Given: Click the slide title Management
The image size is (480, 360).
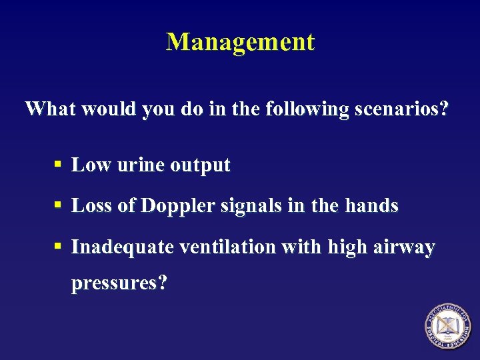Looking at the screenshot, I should (240, 42).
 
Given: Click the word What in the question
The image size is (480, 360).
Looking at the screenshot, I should (50, 109).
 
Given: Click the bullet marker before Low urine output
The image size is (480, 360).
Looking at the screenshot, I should (59, 165).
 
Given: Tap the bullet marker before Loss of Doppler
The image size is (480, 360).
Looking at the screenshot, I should (59, 205).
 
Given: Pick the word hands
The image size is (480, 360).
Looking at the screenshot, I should (372, 206).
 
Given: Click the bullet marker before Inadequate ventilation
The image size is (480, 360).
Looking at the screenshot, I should (59, 247).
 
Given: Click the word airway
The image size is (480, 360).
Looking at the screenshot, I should (406, 248).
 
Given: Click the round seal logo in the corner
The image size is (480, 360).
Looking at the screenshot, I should (449, 327).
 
